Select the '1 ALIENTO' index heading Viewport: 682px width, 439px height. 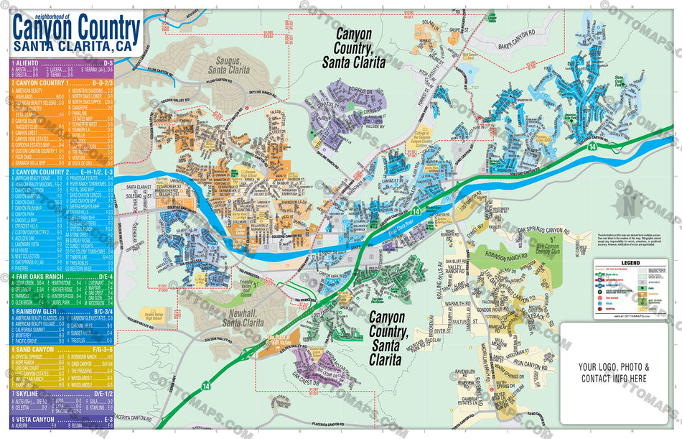[29, 63]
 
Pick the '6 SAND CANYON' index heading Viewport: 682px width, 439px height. [34, 349]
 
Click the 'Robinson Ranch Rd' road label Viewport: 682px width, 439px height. [500, 255]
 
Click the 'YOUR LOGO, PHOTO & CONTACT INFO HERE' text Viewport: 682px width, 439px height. [613, 371]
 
